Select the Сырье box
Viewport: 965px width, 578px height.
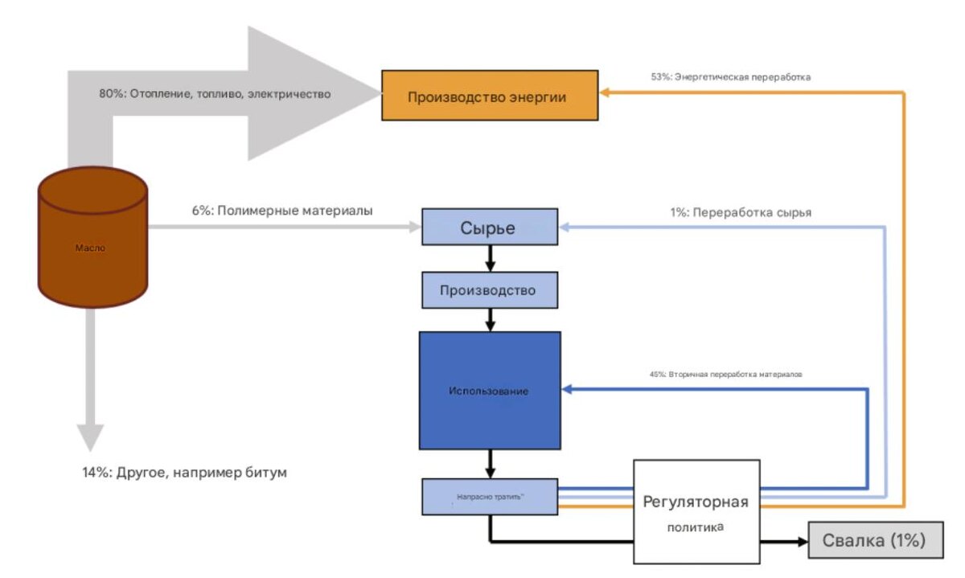point(488,228)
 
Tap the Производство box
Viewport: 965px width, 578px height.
point(488,290)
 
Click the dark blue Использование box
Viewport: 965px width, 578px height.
point(489,391)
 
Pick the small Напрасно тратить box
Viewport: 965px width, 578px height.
point(489,497)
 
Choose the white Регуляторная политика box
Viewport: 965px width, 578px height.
point(696,511)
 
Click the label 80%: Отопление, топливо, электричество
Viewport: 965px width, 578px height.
point(215,94)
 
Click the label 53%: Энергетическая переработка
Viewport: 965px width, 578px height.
point(730,78)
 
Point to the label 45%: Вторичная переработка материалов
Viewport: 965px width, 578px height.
point(725,375)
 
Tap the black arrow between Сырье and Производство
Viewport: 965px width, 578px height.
point(488,259)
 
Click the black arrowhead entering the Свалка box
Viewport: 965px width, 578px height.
point(801,542)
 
